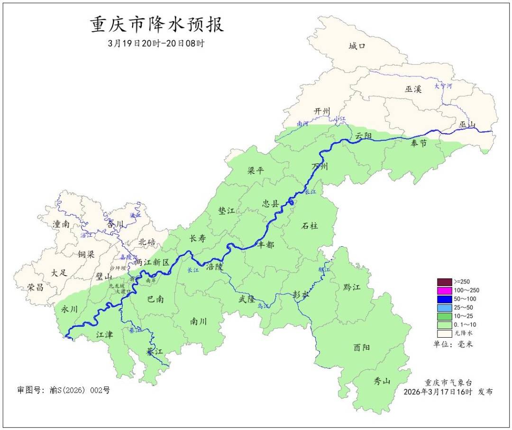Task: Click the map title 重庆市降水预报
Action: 157,25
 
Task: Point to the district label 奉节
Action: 419,143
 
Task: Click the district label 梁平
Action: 256,171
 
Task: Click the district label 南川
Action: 198,321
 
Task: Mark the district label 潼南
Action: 62,224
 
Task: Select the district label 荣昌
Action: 36,287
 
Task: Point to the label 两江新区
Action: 152,262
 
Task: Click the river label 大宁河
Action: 443,86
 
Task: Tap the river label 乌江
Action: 263,306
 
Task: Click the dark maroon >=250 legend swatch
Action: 444,281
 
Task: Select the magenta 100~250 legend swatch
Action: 444,290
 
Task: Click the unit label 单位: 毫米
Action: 453,344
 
